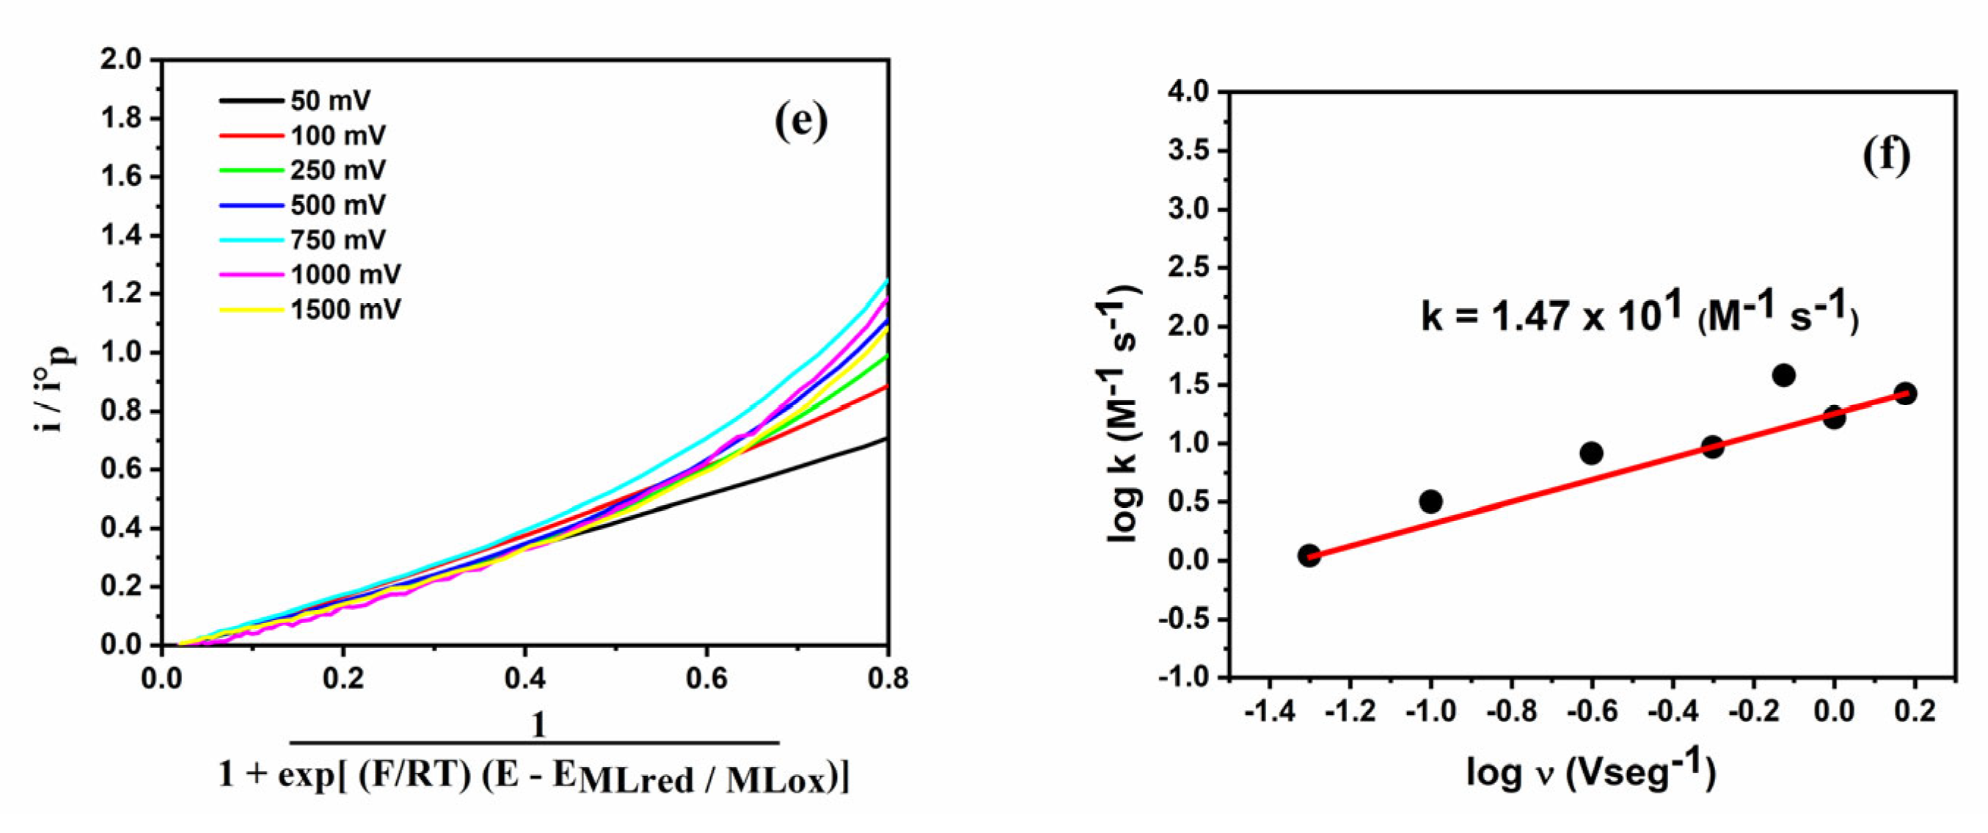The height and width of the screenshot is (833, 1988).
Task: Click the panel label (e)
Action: pos(801,121)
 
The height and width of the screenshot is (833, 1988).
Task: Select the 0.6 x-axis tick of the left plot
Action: pos(706,679)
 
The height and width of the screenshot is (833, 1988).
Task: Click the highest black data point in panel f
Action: pos(1783,376)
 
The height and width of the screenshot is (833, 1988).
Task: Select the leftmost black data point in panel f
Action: pos(1309,555)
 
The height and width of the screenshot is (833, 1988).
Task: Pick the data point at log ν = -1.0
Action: pos(1430,502)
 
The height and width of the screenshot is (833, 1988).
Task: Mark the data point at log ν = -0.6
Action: pos(1591,453)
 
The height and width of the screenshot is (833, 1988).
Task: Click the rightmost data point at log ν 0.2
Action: pos(1905,393)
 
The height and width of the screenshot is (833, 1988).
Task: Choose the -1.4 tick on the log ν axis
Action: pos(1269,711)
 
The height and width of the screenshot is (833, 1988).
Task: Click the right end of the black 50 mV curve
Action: pos(886,438)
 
